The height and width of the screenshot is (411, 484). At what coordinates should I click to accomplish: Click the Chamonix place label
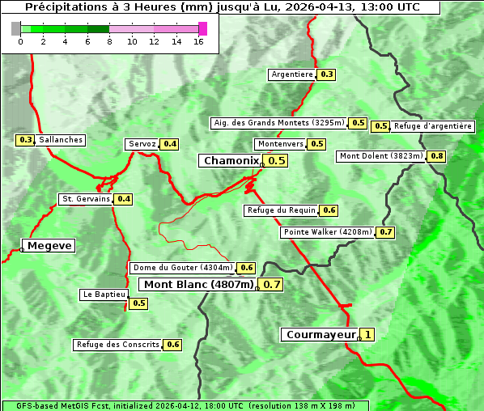231,161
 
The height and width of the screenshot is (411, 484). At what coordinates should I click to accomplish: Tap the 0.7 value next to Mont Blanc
272,285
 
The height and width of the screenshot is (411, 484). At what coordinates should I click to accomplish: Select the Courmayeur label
321,334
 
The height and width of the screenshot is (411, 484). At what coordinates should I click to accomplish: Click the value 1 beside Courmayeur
367,334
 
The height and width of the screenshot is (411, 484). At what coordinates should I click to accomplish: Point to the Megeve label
49,245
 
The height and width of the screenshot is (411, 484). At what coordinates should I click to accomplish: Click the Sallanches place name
60,140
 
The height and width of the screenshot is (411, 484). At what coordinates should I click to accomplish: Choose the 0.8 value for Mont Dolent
437,156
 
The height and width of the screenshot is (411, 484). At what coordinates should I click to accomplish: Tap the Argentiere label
292,74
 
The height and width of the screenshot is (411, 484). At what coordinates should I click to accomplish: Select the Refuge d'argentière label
433,126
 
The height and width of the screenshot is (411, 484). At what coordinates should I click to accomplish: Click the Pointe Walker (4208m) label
328,232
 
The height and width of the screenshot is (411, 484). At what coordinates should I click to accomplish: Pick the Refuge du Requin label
281,210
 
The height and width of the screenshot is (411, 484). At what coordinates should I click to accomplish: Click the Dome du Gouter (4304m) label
183,268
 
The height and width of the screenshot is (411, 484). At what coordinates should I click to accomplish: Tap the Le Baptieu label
104,294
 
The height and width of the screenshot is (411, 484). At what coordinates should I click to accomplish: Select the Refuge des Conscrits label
118,345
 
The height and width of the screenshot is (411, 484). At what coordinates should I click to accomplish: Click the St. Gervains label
86,199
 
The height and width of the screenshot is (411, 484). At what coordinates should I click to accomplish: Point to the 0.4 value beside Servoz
170,144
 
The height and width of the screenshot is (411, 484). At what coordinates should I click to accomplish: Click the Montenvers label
280,144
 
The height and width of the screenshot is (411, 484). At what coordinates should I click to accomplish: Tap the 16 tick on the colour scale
198,42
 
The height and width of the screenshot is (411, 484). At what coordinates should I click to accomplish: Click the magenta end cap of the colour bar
202,28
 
